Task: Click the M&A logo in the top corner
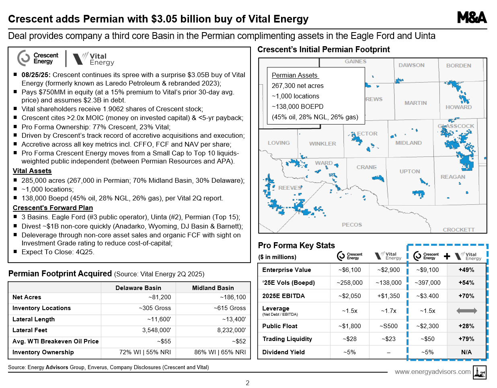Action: point(472,18)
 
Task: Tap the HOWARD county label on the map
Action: point(458,107)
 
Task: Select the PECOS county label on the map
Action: point(352,225)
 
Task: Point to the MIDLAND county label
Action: point(408,143)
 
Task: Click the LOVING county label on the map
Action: point(279,143)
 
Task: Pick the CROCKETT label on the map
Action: point(458,230)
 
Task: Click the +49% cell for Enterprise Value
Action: point(466,270)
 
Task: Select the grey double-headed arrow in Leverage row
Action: point(467,311)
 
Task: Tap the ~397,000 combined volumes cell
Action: point(427,283)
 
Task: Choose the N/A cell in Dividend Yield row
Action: point(466,352)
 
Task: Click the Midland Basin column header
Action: point(213,288)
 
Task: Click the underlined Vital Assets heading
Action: point(32,171)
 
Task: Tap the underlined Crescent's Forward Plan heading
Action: point(53,208)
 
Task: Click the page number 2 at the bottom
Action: point(248,383)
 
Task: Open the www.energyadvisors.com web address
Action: point(432,372)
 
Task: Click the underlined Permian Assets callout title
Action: point(295,76)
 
